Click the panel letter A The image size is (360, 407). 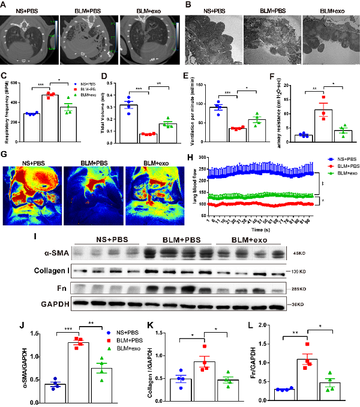(5, 5)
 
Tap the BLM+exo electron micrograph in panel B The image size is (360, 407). (328, 40)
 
